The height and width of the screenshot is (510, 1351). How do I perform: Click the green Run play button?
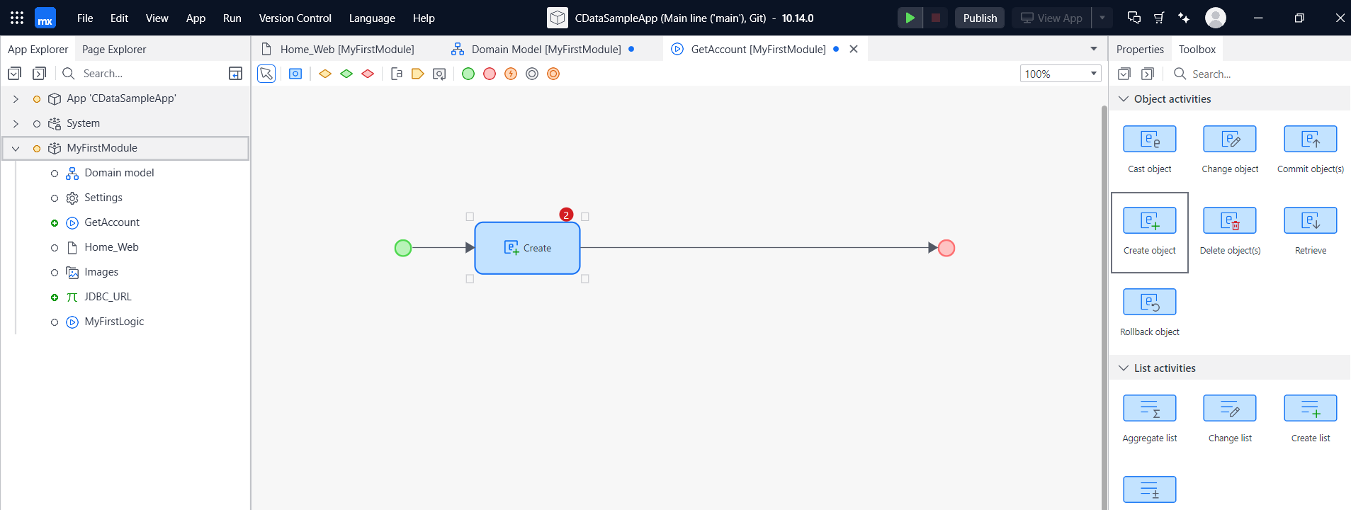(910, 18)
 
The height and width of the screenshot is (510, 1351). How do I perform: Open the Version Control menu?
(295, 18)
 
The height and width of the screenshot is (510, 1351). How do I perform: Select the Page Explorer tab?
(114, 50)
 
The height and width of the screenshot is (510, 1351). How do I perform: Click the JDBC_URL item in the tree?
(108, 297)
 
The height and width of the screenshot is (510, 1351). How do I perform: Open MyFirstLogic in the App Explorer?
(114, 322)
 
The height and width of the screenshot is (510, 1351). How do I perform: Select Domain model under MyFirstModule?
(119, 173)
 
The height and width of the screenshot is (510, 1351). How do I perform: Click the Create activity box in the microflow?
(527, 248)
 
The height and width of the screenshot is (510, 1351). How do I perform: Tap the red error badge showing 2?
(566, 215)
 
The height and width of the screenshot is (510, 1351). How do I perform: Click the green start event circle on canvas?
(403, 248)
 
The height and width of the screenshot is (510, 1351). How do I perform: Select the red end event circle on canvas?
(946, 248)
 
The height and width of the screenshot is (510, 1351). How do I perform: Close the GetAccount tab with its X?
(854, 49)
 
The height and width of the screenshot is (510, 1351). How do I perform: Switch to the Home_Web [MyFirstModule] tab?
(346, 50)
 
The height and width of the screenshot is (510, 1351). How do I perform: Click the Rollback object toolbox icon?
(1149, 302)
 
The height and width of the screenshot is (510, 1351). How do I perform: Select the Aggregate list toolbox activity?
(1149, 409)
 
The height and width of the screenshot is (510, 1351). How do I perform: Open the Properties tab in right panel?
(1140, 50)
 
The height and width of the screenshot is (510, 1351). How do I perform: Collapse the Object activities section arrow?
(1124, 99)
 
